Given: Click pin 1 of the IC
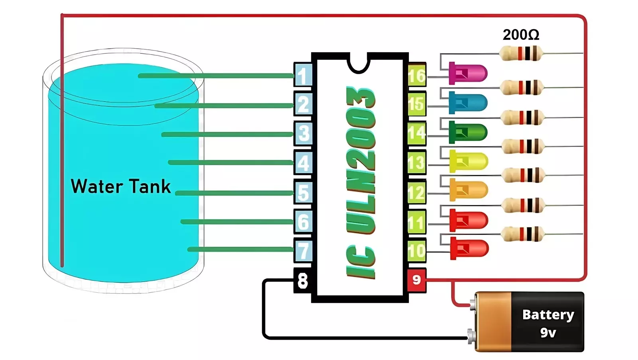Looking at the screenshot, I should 303,75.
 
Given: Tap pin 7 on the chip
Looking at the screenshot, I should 303,250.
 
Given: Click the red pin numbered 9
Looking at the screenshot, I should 416,280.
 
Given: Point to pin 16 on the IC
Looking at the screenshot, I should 417,75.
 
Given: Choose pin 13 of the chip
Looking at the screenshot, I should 417,162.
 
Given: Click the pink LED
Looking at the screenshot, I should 468,73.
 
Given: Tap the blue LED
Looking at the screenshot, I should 468,103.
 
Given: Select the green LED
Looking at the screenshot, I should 468,132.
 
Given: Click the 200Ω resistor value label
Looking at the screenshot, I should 521,35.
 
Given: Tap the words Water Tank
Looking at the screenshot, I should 121,186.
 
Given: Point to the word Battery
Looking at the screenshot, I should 548,315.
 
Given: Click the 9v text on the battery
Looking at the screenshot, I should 548,333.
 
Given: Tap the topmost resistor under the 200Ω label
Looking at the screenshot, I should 521,53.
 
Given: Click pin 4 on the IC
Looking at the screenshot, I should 303,162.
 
